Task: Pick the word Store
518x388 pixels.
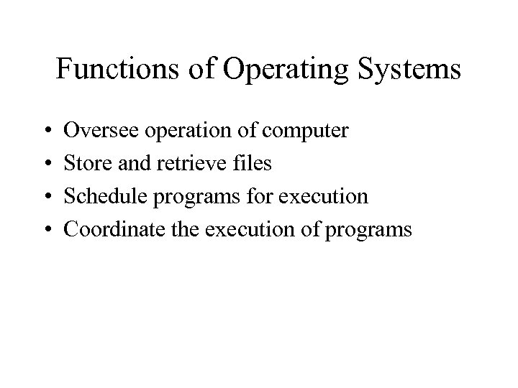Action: [x=85, y=164]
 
